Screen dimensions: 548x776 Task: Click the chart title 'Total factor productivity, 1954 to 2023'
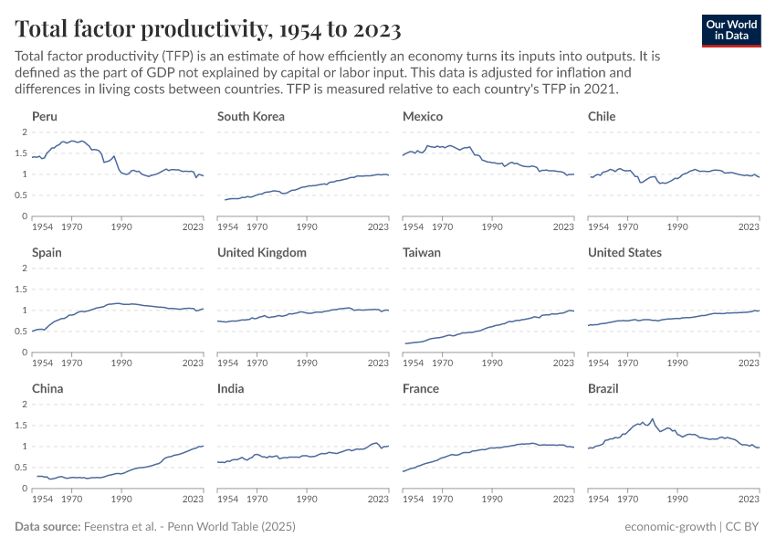[208, 29]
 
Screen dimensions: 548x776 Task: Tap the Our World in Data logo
[731, 30]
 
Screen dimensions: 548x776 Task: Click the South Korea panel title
[251, 116]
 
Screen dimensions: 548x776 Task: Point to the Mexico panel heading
[423, 116]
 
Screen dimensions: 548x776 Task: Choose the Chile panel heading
[602, 116]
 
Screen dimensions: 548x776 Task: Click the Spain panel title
[47, 252]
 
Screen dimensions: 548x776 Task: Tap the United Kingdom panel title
[262, 252]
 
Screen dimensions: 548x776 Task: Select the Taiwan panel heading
[422, 252]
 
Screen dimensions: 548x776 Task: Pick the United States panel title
[624, 252]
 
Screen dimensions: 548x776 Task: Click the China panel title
[47, 388]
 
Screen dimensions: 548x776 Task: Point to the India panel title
[231, 388]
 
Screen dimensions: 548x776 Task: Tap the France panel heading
[421, 388]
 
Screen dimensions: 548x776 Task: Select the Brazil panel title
[603, 388]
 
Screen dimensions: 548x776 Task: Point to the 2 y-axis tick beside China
[26, 405]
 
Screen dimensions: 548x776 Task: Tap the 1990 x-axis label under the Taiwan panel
[492, 363]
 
